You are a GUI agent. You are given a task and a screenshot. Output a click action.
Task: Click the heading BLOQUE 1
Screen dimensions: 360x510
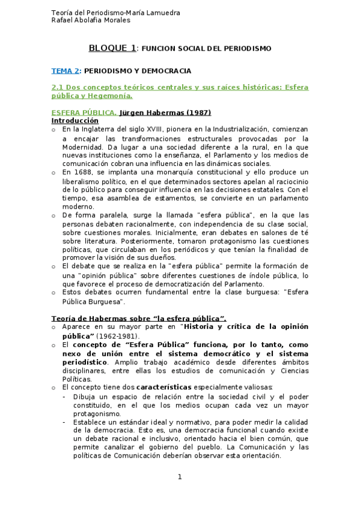click(112, 48)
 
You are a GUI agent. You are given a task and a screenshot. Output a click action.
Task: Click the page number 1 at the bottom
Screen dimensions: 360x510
click(179, 477)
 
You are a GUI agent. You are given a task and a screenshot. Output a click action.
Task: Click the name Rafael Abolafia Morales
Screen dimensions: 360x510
click(91, 20)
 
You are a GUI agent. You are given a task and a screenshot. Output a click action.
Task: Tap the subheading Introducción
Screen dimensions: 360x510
click(75, 120)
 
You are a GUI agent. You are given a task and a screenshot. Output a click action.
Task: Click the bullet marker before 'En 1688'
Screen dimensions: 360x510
click(55, 172)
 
